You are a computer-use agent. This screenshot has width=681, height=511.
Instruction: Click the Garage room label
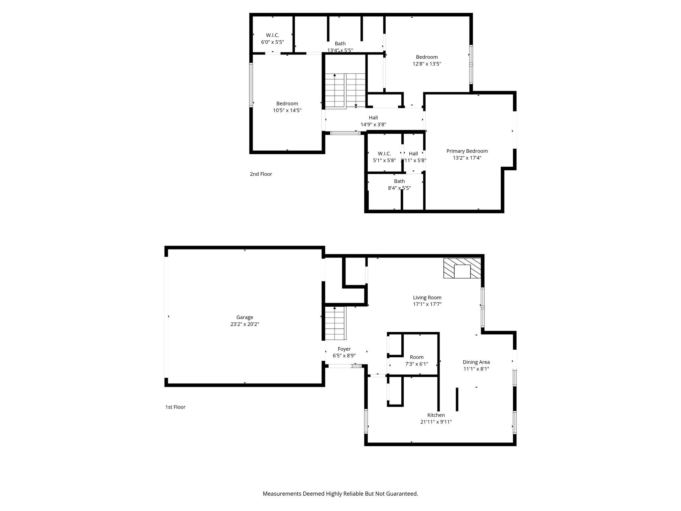coord(244,317)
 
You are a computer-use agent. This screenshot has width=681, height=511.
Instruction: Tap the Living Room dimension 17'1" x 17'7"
coord(427,304)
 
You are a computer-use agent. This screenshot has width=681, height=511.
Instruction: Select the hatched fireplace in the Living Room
coord(462,268)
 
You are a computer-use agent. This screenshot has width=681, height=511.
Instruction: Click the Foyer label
coord(344,349)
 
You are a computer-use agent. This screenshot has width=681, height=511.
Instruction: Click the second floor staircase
coord(345,90)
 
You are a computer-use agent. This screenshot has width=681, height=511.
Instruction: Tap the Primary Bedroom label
coord(467,151)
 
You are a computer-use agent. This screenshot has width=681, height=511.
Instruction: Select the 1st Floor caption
coord(175,407)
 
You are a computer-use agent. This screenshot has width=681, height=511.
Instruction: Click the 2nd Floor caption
coord(261,174)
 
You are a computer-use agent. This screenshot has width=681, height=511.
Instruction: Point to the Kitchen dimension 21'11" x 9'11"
coord(436,422)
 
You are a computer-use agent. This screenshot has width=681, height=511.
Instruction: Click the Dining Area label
coord(476,362)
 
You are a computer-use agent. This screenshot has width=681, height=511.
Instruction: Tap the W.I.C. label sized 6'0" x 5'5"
coord(272,35)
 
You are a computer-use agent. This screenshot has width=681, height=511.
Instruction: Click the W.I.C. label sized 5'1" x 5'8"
coord(384,153)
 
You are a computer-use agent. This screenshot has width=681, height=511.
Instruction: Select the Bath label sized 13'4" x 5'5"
coord(340,44)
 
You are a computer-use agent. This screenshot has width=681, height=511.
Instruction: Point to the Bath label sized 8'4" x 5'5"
coord(399,181)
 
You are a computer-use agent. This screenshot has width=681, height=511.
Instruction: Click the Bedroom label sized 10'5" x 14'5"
coord(287,103)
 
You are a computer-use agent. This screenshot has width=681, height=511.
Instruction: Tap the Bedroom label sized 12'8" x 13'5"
coord(427,57)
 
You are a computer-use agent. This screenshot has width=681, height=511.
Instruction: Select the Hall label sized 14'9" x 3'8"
coord(373,118)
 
